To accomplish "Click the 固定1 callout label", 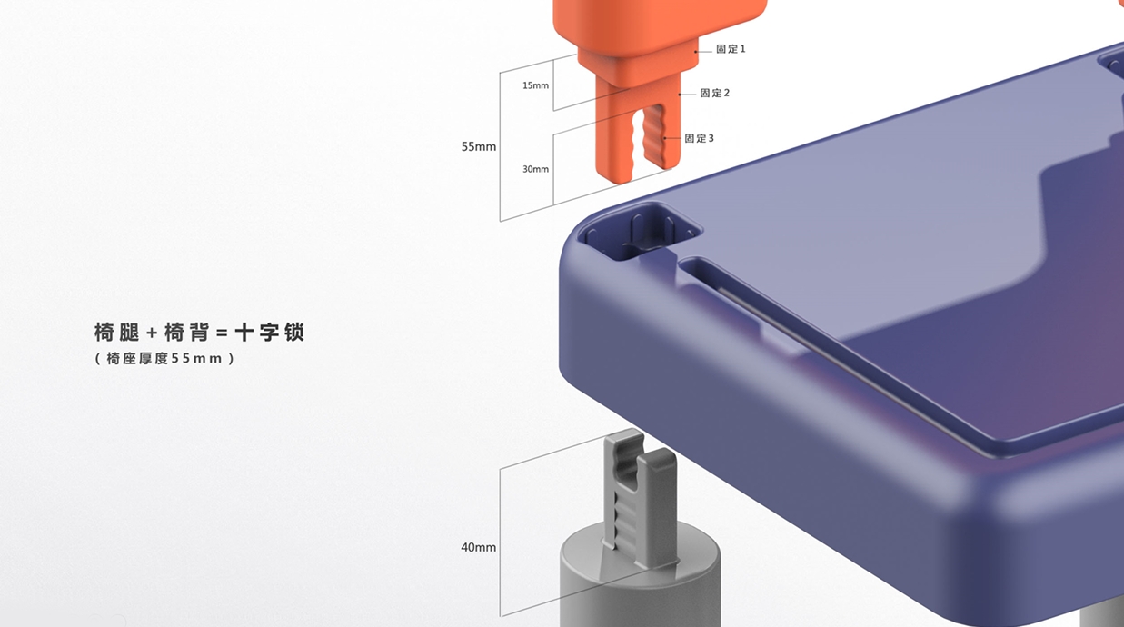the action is pyautogui.click(x=731, y=49).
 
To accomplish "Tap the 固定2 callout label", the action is pyautogui.click(x=714, y=94).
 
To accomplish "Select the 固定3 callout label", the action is pyautogui.click(x=699, y=138).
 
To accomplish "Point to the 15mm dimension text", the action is pyautogui.click(x=535, y=85).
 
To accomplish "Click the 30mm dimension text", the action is pyautogui.click(x=535, y=169).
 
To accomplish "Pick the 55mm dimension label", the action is pyautogui.click(x=479, y=146).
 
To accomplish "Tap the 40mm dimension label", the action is pyautogui.click(x=479, y=547).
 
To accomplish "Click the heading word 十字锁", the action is pyautogui.click(x=270, y=333).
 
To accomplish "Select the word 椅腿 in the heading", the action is pyautogui.click(x=116, y=333).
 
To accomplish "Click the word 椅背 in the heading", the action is pyautogui.click(x=186, y=333).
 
